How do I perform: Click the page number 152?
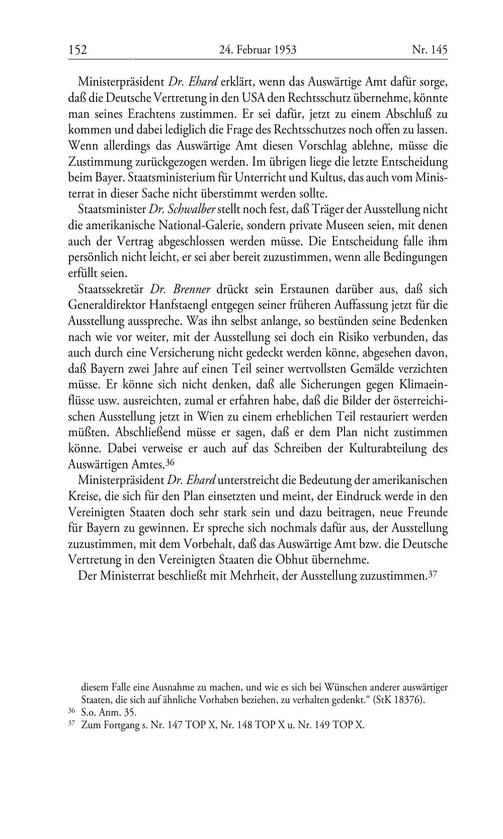[78, 50]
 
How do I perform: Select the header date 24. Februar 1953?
[258, 50]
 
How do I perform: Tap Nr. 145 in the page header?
[429, 50]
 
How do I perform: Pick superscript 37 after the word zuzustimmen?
[433, 574]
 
